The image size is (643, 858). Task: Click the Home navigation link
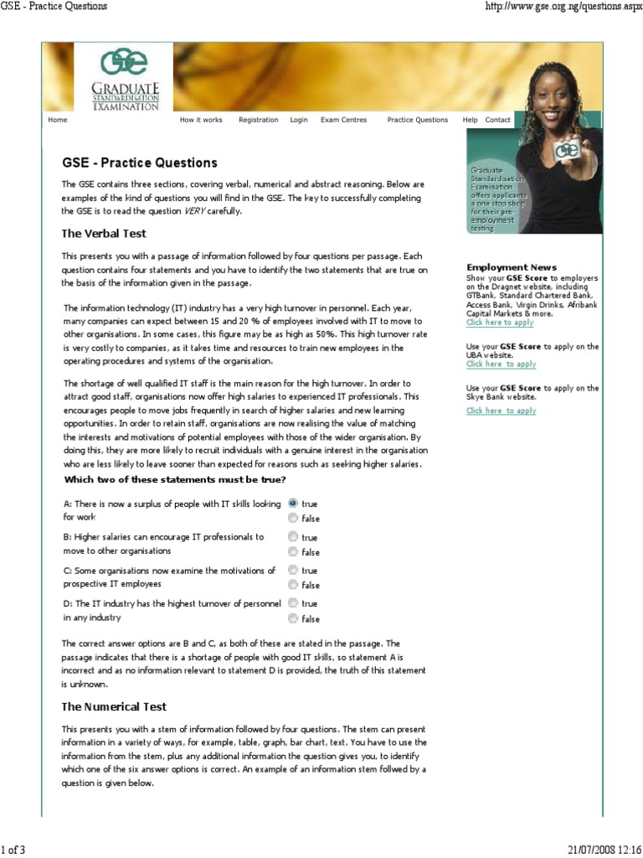click(x=58, y=120)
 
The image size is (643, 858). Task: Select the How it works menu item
click(x=201, y=120)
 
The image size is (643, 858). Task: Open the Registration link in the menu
click(x=258, y=120)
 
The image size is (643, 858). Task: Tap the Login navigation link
click(x=299, y=120)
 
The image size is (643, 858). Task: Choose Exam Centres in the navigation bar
click(x=343, y=120)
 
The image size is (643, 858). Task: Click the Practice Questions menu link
click(x=417, y=120)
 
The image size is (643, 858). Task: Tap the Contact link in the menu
click(x=497, y=120)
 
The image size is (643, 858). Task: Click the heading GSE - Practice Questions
click(x=140, y=163)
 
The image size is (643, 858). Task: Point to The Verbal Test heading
click(x=104, y=233)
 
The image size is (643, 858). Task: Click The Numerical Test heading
click(x=114, y=706)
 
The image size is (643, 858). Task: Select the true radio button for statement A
click(x=292, y=504)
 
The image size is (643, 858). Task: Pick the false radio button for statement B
click(x=292, y=552)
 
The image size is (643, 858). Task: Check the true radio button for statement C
click(x=292, y=571)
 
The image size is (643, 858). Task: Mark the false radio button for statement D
click(x=292, y=618)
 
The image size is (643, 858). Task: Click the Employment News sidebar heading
click(x=511, y=267)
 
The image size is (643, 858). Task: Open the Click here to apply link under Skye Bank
click(x=501, y=411)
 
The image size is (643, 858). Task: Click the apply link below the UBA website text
click(x=501, y=364)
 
